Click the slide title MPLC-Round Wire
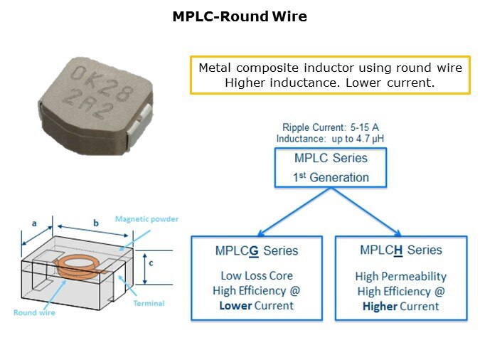point(240,16)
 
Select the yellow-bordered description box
point(330,75)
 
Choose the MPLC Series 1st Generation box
point(331,167)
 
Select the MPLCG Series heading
point(257,251)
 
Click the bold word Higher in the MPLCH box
point(379,307)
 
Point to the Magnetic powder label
point(146,219)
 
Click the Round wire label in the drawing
point(33,312)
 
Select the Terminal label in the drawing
point(149,304)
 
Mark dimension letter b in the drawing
point(96,223)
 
